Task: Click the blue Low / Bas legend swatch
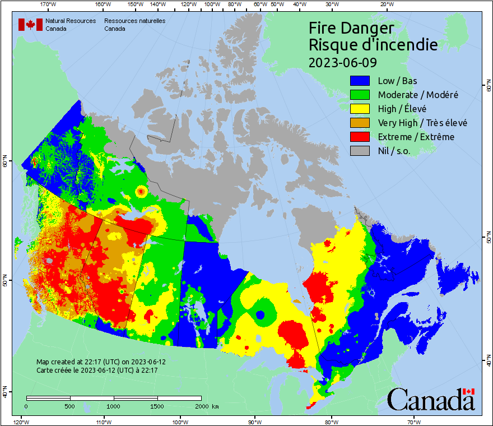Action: coord(361,81)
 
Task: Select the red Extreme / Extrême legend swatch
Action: coord(361,137)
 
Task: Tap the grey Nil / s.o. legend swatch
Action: coord(361,151)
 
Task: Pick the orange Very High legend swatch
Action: coord(361,123)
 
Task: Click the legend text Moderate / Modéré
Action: coord(418,95)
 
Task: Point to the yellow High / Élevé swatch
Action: coord(361,109)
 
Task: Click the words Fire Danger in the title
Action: coord(351,28)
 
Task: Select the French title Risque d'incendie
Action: coord(373,45)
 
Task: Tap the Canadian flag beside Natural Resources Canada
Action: coord(30,25)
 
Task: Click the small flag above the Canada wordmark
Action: coord(469,391)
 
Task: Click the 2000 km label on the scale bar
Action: coord(207,406)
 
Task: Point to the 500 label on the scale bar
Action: coord(69,406)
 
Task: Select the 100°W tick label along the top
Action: coord(211,4)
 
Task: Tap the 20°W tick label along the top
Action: coord(385,4)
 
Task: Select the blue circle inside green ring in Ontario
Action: coord(260,315)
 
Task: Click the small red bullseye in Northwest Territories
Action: coord(141,192)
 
